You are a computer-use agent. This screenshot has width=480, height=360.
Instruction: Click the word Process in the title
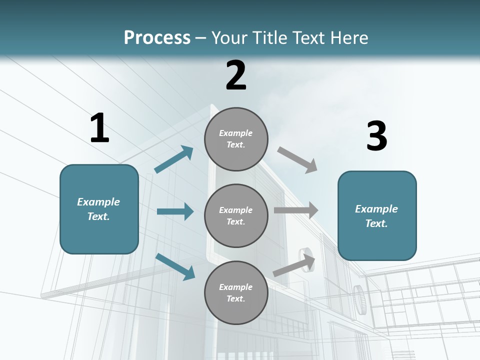[157, 38]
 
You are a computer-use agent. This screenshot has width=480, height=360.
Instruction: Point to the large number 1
[99, 128]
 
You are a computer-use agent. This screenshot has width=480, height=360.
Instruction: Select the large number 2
[236, 75]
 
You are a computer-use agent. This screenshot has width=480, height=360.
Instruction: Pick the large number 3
[376, 136]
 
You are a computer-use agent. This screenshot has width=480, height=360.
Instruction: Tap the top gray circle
[236, 139]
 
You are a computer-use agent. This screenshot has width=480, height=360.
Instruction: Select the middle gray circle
[236, 215]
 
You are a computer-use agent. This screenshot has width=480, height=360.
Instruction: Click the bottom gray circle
[236, 292]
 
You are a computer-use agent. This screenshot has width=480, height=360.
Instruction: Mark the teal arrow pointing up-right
[174, 159]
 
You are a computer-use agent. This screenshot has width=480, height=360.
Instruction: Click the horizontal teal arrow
[175, 211]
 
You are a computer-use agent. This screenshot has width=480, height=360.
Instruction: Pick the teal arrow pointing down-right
[175, 266]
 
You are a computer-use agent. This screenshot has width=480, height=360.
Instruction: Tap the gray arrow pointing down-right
[297, 160]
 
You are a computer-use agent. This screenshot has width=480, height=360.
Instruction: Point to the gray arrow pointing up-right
[294, 265]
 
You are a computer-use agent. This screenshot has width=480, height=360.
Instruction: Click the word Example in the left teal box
[98, 202]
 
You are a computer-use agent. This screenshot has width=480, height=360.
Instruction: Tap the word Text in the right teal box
[375, 223]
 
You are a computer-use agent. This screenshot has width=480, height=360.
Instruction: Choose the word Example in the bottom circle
[236, 287]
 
